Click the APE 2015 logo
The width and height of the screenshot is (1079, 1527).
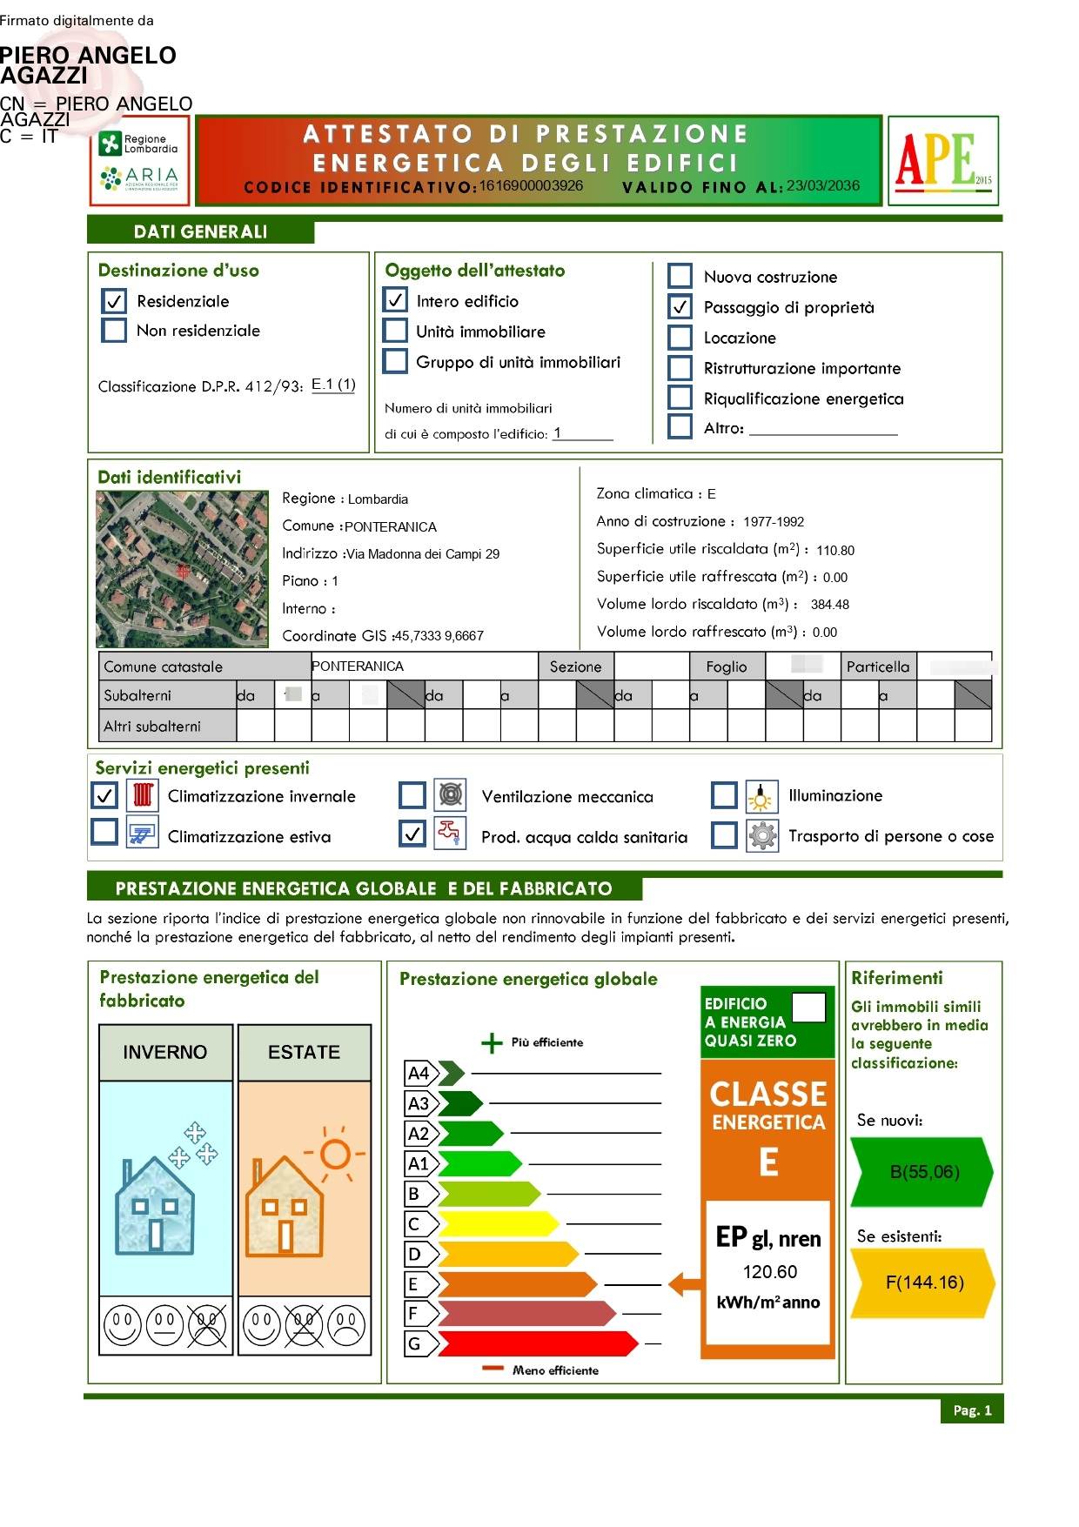[x=942, y=160]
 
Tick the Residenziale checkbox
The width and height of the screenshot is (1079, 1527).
[x=114, y=301]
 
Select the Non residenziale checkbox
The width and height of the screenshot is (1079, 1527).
[x=114, y=331]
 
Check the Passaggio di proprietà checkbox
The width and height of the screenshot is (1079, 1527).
[x=680, y=307]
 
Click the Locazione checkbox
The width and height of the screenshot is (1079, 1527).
[x=680, y=338]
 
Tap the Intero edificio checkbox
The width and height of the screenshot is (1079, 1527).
[x=395, y=301]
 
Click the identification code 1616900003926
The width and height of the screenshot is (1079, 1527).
[x=531, y=185]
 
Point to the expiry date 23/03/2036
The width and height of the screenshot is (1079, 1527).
[x=823, y=185]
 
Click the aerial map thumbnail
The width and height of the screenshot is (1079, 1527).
[x=181, y=568]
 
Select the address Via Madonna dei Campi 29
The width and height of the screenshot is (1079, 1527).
[x=423, y=554]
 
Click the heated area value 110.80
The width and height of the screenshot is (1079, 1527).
[x=835, y=550]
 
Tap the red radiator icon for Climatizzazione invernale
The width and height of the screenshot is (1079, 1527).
[x=143, y=795]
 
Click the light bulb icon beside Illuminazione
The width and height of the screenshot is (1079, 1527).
[x=761, y=795]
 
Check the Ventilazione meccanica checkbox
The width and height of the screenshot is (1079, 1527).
[x=412, y=795]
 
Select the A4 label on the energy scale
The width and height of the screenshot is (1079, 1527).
[x=419, y=1074]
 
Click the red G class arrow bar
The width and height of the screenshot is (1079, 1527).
[x=535, y=1343]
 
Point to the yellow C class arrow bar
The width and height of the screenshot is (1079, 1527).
[x=496, y=1224]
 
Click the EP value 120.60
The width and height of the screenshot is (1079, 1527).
[x=769, y=1272]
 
